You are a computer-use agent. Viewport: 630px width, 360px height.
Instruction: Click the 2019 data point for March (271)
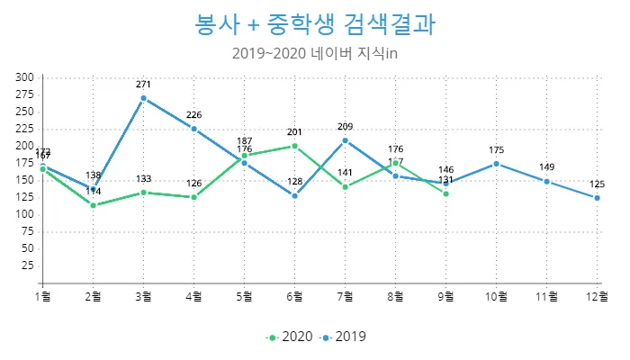coord(143,98)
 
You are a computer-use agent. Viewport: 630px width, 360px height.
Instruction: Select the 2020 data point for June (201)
coord(294,146)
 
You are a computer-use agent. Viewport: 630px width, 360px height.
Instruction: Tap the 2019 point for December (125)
coord(597,198)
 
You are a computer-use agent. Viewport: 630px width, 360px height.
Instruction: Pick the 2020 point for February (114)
coord(93,205)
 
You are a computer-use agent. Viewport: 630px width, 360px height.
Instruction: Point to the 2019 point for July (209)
coord(345,140)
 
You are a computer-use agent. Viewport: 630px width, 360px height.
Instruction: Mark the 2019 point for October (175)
coord(496,164)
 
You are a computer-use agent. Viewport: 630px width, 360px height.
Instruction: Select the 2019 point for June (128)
coord(294,195)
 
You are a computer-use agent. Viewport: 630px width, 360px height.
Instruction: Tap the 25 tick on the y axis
coord(28,265)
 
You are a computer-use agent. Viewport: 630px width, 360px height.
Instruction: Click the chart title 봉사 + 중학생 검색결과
coord(315,24)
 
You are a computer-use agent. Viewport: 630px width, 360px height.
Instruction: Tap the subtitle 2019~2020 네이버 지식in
coord(315,53)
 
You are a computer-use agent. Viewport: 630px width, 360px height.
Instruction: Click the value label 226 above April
coord(193,115)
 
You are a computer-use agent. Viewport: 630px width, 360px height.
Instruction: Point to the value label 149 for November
coord(546,167)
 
